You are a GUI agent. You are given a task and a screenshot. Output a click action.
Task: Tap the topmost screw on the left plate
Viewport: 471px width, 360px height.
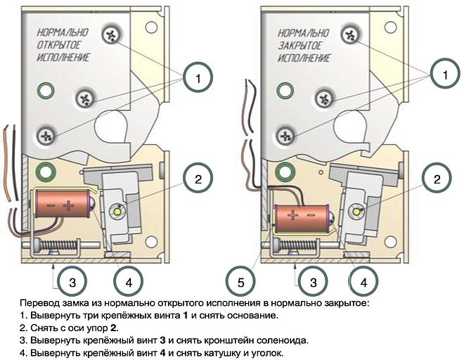click(112, 33)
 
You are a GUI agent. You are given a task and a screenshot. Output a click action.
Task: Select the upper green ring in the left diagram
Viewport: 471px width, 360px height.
click(46, 89)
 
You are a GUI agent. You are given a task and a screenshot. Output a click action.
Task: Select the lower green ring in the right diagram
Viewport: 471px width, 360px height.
click(285, 170)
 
